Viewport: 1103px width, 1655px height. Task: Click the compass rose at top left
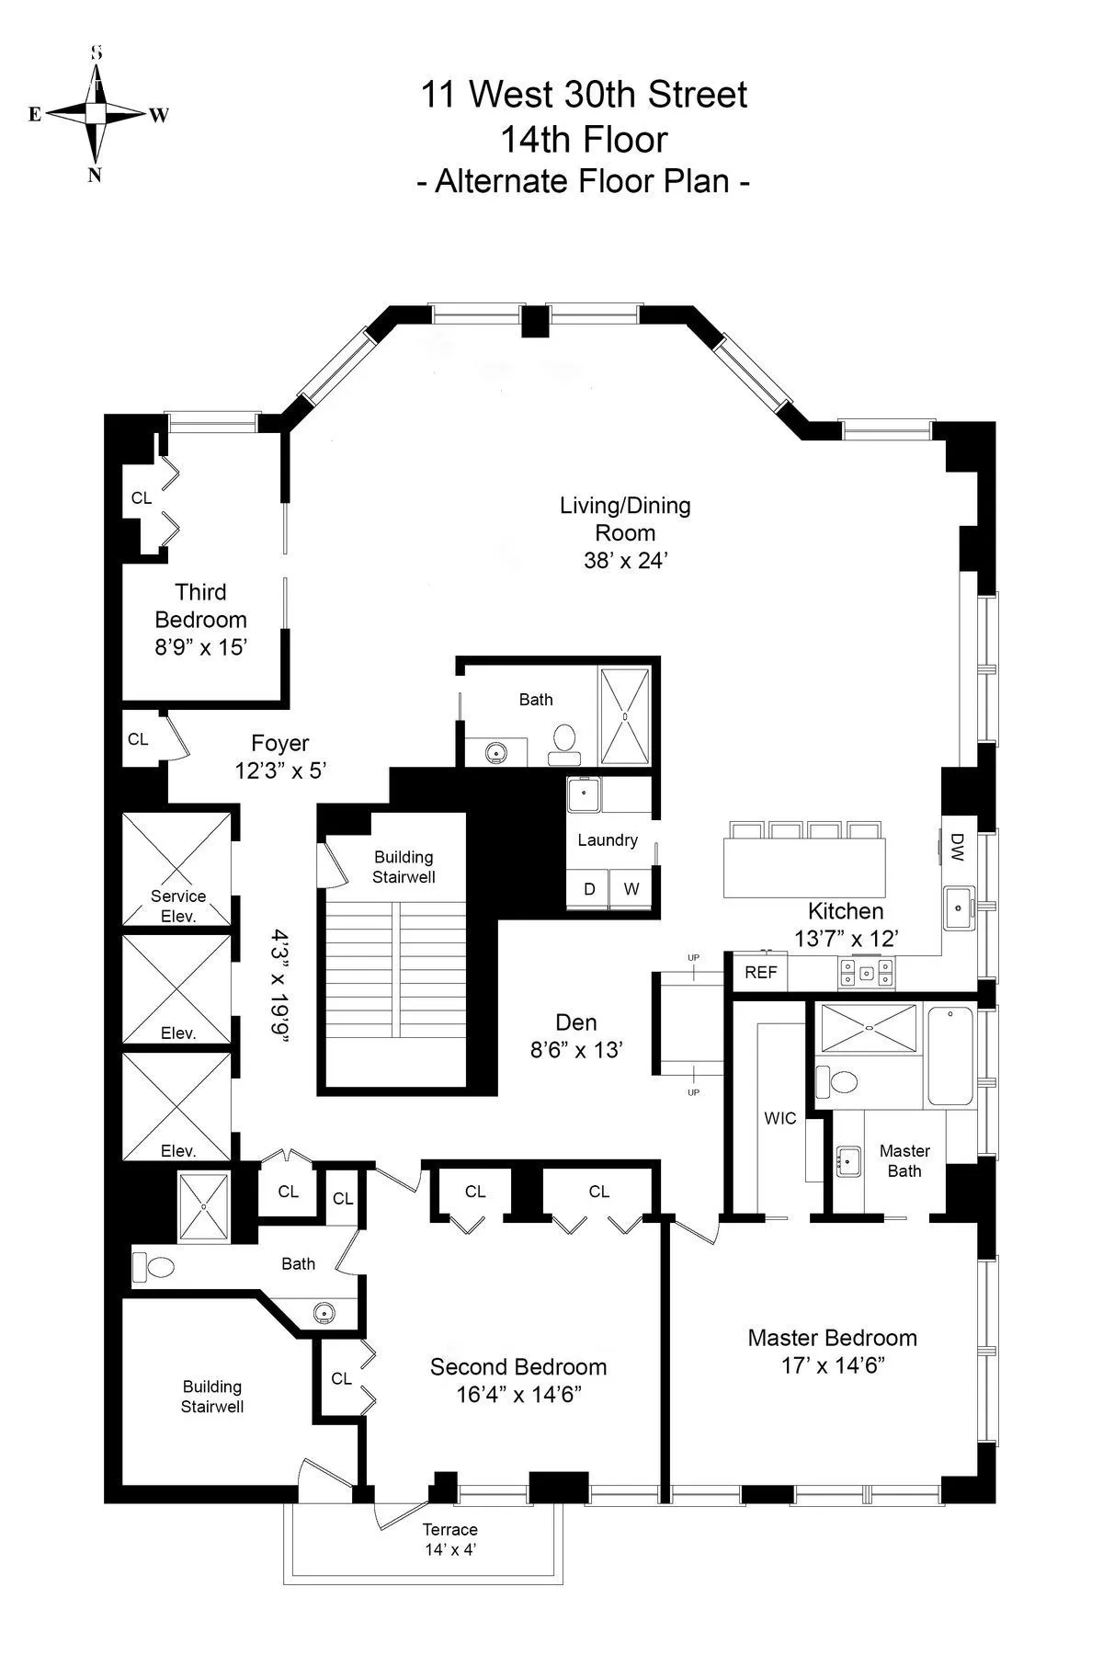[96, 113]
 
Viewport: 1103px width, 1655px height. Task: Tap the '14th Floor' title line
[583, 140]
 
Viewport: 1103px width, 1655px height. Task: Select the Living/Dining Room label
[625, 519]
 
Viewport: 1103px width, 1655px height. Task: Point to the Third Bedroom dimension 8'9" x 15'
[200, 647]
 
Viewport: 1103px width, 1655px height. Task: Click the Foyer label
[280, 743]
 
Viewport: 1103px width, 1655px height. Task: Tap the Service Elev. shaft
[177, 869]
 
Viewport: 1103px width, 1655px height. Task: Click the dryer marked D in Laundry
[590, 888]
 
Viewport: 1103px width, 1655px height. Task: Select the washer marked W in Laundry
[631, 888]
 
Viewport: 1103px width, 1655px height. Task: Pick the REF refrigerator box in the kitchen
[760, 973]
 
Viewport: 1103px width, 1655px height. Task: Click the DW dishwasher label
[956, 847]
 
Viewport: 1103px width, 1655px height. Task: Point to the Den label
[576, 1022]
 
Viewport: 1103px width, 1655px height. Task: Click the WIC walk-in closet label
[780, 1119]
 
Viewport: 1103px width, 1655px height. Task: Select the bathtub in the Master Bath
[950, 1056]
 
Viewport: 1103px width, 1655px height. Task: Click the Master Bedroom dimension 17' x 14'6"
[833, 1365]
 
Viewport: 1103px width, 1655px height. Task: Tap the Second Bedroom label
[518, 1367]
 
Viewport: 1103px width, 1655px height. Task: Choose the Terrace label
[450, 1530]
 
